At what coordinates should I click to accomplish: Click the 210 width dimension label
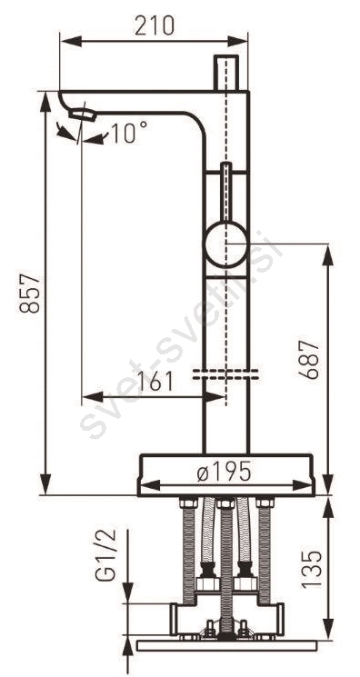(154, 25)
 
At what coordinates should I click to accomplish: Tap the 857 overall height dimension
(30, 294)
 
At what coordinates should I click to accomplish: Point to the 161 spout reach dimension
(155, 381)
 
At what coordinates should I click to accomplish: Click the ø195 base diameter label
(224, 471)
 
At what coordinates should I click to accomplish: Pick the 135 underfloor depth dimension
(312, 569)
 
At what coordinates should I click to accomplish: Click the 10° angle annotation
(129, 132)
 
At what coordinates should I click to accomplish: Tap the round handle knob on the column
(226, 244)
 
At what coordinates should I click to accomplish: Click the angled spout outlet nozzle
(82, 114)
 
